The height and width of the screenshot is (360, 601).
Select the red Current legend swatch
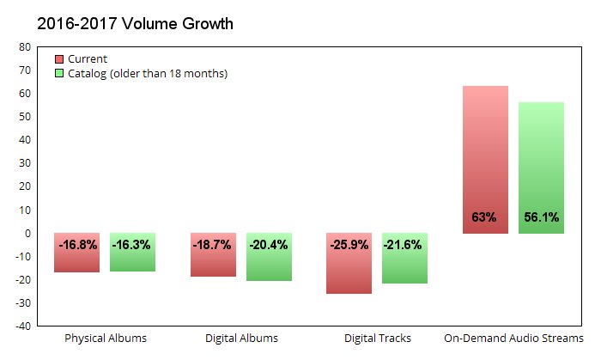click(x=59, y=59)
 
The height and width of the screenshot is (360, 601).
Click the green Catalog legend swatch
click(x=59, y=74)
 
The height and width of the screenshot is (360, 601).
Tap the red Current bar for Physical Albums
click(x=77, y=261)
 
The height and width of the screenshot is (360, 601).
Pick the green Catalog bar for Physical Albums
click(x=132, y=261)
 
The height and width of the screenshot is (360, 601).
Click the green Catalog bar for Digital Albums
click(x=269, y=265)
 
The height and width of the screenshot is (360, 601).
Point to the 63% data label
click(x=484, y=217)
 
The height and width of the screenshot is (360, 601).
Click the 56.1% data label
click(x=541, y=217)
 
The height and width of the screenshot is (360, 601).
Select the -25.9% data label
click(x=349, y=245)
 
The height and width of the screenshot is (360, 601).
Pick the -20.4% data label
click(x=269, y=245)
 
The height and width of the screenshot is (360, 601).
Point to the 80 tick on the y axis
click(x=25, y=46)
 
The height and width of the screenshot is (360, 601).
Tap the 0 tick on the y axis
click(x=27, y=233)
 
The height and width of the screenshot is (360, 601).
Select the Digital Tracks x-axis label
click(x=377, y=339)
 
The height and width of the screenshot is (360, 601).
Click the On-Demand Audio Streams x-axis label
click(x=513, y=339)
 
